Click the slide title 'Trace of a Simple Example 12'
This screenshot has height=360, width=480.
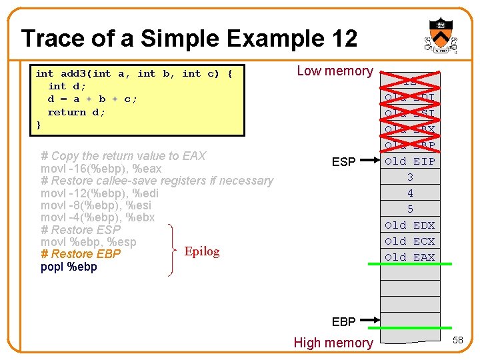click(189, 38)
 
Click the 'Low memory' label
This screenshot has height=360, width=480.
click(335, 71)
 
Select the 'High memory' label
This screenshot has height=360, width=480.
click(333, 343)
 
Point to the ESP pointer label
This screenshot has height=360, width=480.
click(343, 161)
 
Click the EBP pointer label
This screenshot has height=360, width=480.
click(343, 321)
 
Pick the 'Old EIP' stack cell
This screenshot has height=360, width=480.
click(410, 161)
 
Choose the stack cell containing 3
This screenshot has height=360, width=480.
click(410, 177)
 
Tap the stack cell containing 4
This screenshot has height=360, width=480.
click(410, 193)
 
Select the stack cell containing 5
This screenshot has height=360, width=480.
click(410, 209)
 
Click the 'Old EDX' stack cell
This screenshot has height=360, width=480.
click(410, 225)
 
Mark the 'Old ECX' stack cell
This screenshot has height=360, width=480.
click(410, 241)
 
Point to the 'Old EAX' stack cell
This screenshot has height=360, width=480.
click(410, 257)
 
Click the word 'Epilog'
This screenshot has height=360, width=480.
click(201, 251)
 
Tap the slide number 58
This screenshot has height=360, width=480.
click(458, 341)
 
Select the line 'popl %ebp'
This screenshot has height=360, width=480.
click(69, 267)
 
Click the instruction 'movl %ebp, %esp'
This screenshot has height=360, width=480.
click(88, 242)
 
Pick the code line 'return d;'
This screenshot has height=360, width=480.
click(76, 112)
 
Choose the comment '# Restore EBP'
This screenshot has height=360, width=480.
click(81, 254)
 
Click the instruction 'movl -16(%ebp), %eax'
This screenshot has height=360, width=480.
click(101, 169)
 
